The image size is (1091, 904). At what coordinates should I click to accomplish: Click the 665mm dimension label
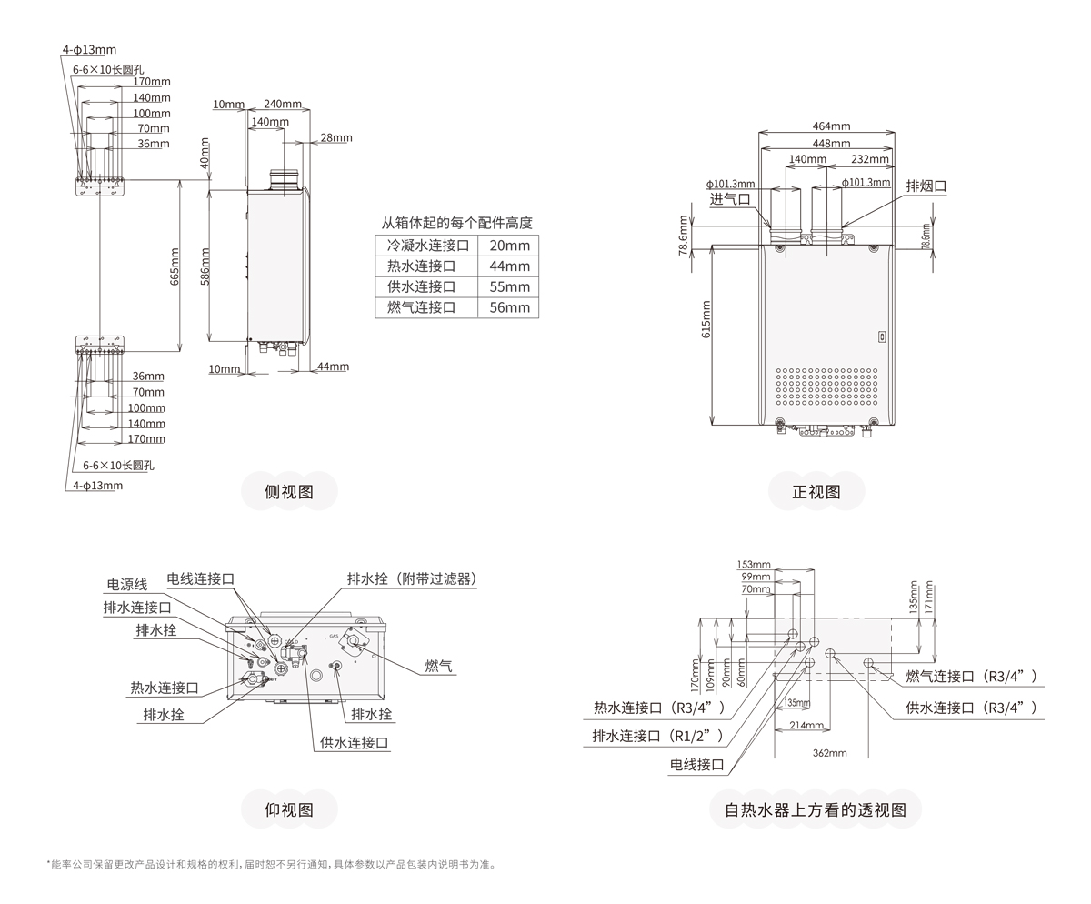pos(175,266)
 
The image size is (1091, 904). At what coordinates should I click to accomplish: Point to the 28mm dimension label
pos(335,137)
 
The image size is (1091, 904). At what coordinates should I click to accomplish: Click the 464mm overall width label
pos(832,126)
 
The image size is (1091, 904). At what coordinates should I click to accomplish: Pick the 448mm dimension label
pos(832,143)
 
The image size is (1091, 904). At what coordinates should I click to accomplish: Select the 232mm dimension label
pos(870,159)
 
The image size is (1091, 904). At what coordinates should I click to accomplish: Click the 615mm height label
pos(706,318)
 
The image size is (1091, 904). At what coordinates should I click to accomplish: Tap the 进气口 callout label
pos(730,199)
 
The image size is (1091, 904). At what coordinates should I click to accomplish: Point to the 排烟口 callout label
pos(926,186)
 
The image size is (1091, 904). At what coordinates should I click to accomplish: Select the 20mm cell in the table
pos(508,246)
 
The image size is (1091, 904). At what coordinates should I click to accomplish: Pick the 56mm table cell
pos(508,307)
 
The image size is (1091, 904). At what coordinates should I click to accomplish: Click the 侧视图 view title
pos(288,492)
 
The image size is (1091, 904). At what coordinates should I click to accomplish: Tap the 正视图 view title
pos(816,492)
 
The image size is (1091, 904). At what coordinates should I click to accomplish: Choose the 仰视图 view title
pos(288,809)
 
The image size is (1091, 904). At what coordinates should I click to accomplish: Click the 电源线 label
pos(126,585)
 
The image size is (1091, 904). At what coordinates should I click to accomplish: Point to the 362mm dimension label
pos(829,753)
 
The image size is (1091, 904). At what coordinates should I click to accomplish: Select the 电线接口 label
pos(697,765)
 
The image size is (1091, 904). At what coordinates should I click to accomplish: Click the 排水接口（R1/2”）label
pos(657,736)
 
